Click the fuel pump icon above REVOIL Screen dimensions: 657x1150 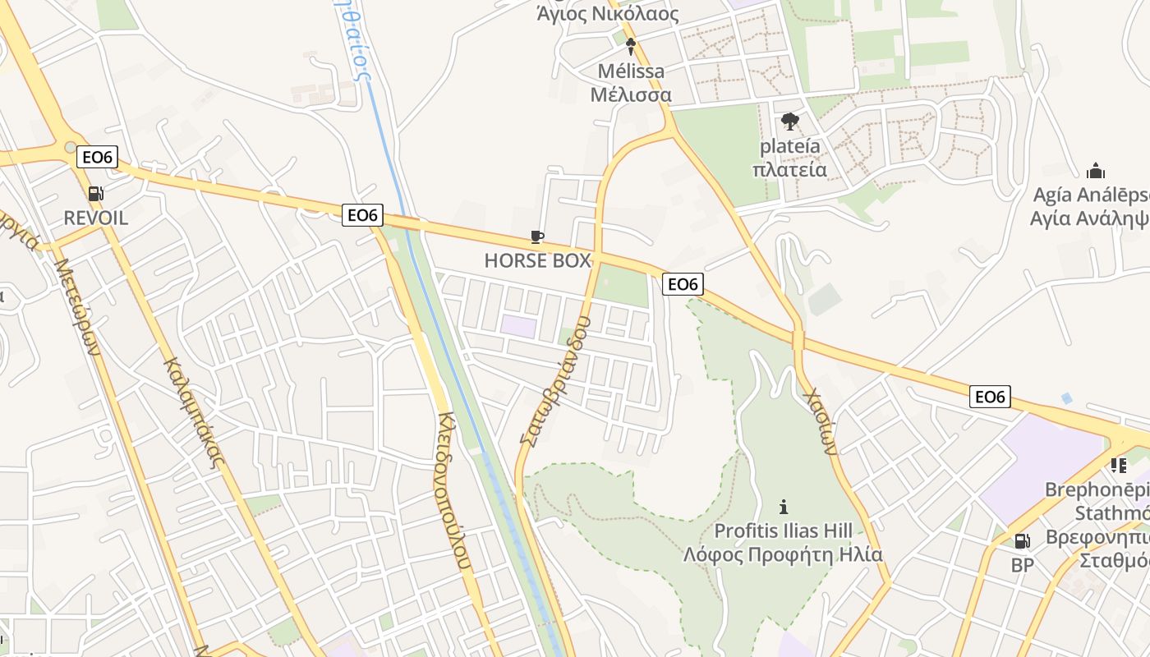click(96, 194)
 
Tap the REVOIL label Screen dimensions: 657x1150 click(96, 218)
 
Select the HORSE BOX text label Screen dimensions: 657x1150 click(537, 261)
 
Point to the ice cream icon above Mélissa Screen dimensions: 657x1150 click(631, 47)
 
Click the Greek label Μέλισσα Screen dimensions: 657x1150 click(631, 94)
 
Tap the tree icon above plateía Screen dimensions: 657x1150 click(790, 122)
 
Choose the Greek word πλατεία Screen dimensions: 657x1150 click(789, 170)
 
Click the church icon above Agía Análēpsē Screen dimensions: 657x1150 click(1095, 171)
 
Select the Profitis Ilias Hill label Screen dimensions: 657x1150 click(783, 531)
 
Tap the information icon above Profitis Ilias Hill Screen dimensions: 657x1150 click(784, 507)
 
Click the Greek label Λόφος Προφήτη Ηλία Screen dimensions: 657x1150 click(783, 554)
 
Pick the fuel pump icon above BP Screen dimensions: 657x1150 click(1022, 541)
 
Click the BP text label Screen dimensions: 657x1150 click(1022, 565)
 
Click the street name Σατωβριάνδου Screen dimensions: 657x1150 click(555, 381)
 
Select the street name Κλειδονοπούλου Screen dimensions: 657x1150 click(454, 490)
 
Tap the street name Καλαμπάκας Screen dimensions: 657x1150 click(193, 412)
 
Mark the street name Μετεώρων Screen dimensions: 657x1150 click(77, 306)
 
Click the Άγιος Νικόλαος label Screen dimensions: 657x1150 click(607, 14)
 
